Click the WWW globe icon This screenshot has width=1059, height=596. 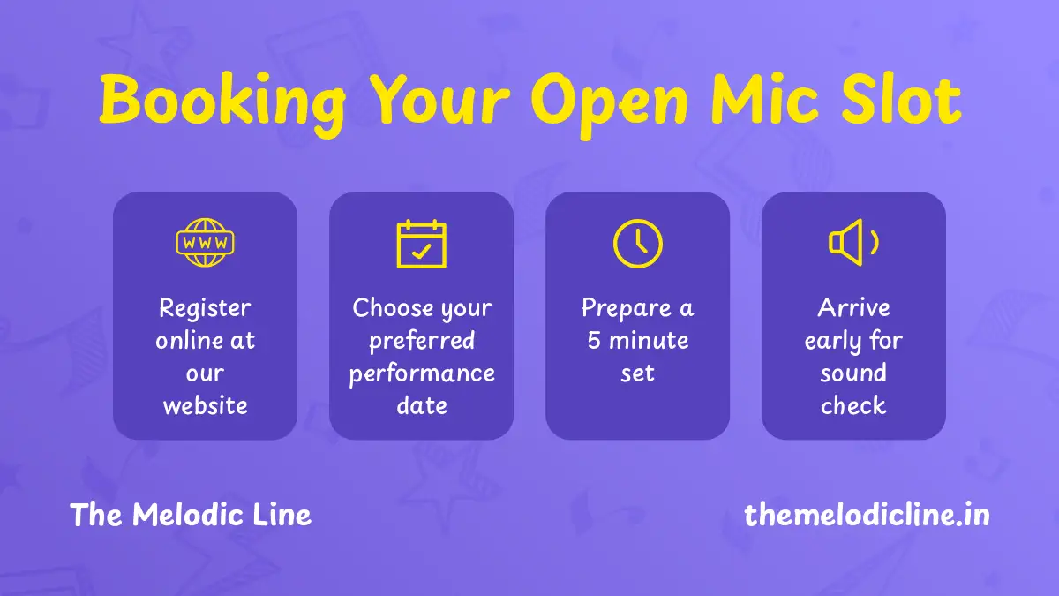(x=205, y=243)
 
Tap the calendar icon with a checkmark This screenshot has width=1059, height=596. (x=421, y=244)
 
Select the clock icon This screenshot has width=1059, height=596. (x=638, y=244)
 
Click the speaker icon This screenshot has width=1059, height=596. (x=853, y=243)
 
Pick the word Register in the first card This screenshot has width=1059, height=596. (x=205, y=309)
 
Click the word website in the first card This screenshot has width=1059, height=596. (x=205, y=405)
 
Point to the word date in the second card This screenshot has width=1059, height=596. (x=422, y=405)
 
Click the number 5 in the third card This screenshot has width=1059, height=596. (x=594, y=341)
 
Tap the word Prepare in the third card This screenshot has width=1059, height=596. (x=627, y=309)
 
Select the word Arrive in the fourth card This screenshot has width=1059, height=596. (x=853, y=308)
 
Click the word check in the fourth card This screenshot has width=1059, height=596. (x=853, y=405)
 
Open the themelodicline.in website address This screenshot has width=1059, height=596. (x=867, y=515)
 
